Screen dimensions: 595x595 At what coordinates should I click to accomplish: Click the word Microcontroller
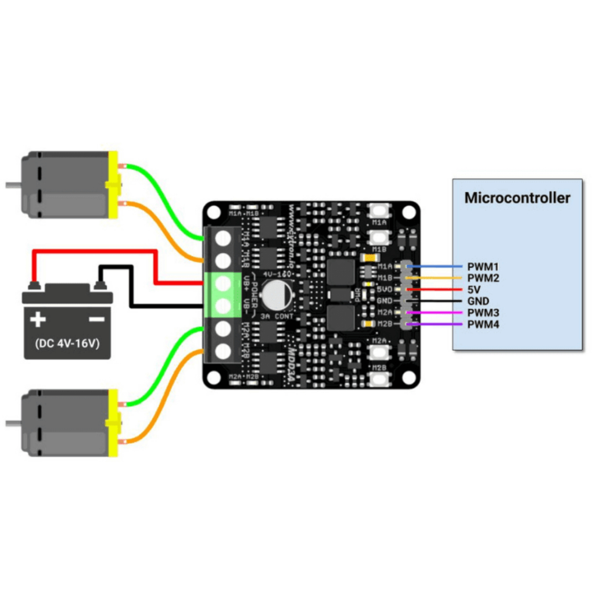517,198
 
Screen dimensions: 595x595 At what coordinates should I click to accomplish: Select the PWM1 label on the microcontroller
483,267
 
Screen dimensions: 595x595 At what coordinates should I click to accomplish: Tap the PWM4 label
483,324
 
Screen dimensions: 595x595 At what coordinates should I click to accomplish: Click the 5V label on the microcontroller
474,289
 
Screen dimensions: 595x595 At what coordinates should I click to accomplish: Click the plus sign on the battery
38,319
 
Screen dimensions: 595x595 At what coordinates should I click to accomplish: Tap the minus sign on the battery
96,319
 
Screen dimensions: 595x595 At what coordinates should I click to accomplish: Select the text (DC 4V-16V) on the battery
67,343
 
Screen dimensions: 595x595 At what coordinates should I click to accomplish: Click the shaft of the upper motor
13,185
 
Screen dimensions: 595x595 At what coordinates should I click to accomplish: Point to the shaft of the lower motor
13,423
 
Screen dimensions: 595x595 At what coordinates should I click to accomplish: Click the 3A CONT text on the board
277,316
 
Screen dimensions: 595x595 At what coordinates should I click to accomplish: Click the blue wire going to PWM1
436,267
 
